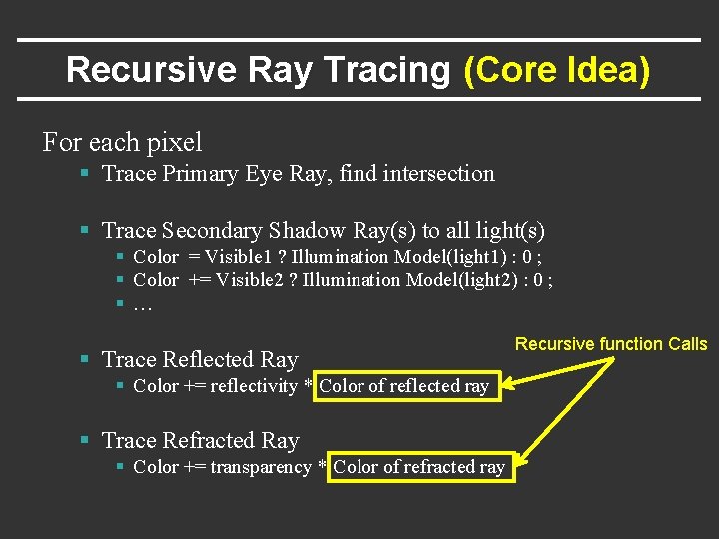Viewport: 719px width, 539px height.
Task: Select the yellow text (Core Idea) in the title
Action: click(557, 70)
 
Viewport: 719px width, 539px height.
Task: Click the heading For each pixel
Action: click(122, 142)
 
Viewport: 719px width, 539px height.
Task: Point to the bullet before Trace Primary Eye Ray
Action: click(86, 174)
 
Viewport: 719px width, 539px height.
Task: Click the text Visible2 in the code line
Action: click(252, 280)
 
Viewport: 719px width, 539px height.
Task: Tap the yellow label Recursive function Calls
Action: click(610, 344)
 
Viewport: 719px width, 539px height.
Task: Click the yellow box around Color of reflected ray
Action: click(404, 386)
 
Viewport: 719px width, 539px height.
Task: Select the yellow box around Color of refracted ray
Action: click(418, 467)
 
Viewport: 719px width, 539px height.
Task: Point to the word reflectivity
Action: click(255, 386)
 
